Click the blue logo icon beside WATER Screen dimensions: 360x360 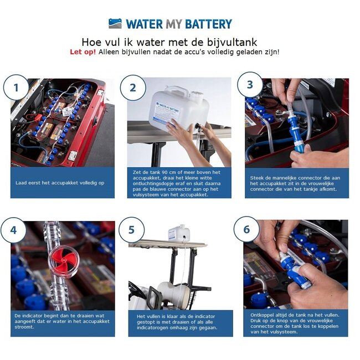click(115, 23)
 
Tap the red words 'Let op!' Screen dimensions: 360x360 click(83, 52)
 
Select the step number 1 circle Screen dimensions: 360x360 click(16, 88)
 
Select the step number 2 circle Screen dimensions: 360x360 click(132, 88)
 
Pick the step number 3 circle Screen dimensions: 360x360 click(250, 85)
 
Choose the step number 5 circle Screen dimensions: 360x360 click(131, 229)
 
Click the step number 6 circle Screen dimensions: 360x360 click(246, 229)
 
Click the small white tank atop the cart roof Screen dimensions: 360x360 click(179, 233)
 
